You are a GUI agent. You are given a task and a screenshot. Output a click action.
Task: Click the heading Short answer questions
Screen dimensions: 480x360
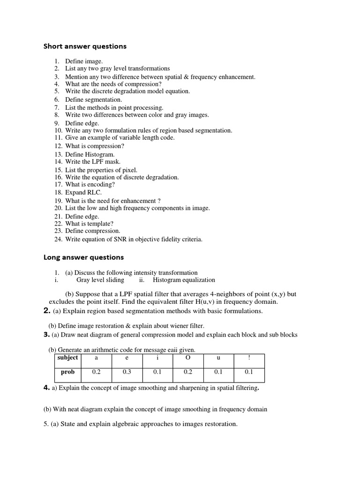point(85,46)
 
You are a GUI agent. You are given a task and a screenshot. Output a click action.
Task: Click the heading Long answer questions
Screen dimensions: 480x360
point(83,257)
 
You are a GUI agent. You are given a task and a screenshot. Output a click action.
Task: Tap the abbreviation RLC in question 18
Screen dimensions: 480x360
point(93,193)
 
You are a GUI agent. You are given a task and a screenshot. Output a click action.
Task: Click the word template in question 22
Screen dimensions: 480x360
point(97,224)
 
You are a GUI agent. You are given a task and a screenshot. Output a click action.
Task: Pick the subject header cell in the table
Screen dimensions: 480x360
point(67,358)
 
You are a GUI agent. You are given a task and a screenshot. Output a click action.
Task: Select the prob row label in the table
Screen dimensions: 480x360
point(67,372)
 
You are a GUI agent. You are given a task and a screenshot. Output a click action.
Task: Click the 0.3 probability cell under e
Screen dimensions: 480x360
point(127,372)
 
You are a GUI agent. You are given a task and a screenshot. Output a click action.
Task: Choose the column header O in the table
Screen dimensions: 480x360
point(188,358)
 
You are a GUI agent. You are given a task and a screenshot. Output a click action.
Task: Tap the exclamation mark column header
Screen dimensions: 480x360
point(249,358)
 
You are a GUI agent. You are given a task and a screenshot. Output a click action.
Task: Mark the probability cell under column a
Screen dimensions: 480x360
point(97,372)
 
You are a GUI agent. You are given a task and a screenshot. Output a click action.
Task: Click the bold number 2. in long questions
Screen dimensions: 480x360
point(46,311)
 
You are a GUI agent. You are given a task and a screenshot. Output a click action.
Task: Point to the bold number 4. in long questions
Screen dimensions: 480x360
point(46,388)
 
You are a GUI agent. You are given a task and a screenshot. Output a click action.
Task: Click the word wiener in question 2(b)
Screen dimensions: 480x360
point(174,325)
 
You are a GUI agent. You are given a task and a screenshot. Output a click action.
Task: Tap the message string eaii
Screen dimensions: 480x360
point(166,350)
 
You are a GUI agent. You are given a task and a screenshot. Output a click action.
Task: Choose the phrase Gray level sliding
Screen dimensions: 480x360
point(100,280)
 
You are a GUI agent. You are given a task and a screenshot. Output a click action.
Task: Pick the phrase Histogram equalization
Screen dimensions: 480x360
point(184,280)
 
